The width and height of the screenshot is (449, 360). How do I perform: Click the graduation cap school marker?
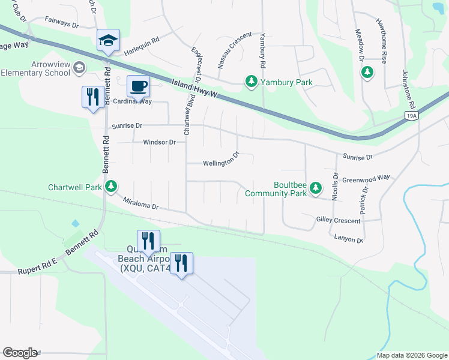pos(108,41)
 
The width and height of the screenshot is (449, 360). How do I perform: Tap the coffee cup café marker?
pos(138,86)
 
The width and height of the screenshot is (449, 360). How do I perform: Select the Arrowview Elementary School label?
pos(35,68)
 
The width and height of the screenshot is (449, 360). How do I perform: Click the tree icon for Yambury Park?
pos(252,81)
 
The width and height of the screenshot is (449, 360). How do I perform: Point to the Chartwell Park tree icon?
pos(111,187)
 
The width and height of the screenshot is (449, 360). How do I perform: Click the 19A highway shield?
pos(411,116)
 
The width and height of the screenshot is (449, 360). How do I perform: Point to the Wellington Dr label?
pos(221,162)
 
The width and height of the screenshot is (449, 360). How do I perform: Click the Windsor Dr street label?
pos(159,142)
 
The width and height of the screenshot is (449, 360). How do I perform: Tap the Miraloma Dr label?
pos(140,204)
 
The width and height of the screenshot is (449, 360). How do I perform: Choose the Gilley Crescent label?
pos(338,220)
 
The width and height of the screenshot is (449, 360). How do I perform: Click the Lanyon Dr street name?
pos(349,239)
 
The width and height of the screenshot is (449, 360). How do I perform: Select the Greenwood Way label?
pos(366,179)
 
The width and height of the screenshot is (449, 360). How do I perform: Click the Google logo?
pos(20,353)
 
